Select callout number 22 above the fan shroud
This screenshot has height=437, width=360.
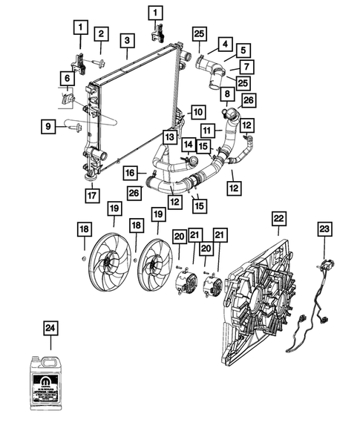point(278,219)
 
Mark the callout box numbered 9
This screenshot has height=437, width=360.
point(49,127)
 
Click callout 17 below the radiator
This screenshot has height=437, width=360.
point(91,197)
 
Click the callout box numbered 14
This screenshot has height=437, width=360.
point(189,144)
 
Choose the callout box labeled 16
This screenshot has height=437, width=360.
point(130,173)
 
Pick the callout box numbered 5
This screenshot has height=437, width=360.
point(242,50)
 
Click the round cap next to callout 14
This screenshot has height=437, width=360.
point(192,160)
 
